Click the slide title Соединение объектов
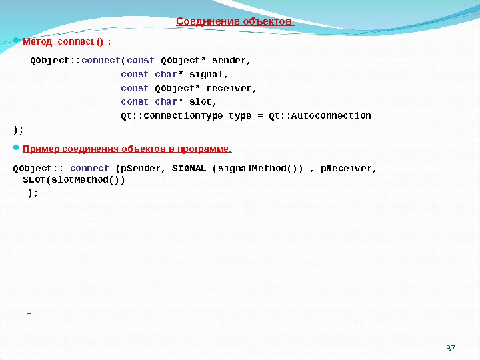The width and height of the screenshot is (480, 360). coord(234,21)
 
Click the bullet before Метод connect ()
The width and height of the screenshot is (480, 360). coord(17,41)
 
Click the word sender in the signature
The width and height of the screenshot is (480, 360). coord(229,61)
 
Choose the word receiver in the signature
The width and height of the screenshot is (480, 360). coord(231,88)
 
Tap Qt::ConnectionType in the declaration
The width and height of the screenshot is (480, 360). coord(173,116)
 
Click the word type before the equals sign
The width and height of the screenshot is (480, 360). coord(240,116)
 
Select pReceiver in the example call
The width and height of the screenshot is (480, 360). coord(348,168)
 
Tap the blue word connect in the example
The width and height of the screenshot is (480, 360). coord(89,168)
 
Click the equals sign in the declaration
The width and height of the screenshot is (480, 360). coord(260,116)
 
